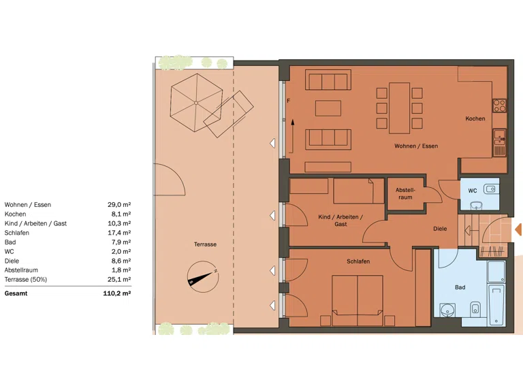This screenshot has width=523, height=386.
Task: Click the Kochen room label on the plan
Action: [475, 118]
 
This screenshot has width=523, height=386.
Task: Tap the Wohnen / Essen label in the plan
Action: [416, 146]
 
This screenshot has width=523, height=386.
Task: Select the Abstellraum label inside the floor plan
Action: [405, 193]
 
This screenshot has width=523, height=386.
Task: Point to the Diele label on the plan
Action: [440, 229]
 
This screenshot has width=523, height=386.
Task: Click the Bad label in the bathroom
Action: [460, 287]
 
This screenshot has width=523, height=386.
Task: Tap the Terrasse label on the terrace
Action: [205, 244]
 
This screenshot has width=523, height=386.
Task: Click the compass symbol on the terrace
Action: [203, 276]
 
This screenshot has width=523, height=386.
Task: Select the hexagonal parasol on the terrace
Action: [196, 103]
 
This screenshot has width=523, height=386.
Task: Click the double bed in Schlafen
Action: [358, 300]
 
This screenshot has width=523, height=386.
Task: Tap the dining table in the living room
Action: [399, 108]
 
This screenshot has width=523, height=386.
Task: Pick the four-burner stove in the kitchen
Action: [499, 106]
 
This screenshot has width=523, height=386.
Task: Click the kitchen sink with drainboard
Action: [499, 143]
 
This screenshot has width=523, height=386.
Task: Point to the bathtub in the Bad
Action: [496, 305]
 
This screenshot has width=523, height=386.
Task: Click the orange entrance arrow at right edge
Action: [518, 229]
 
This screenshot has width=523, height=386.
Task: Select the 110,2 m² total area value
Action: [116, 293]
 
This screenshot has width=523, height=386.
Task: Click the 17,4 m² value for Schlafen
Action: [119, 233]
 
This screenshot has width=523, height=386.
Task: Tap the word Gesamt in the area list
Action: [16, 293]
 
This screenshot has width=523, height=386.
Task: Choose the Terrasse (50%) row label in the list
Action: [26, 279]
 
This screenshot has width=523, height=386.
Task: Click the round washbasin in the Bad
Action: [447, 310]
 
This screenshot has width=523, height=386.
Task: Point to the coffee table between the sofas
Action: [328, 108]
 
